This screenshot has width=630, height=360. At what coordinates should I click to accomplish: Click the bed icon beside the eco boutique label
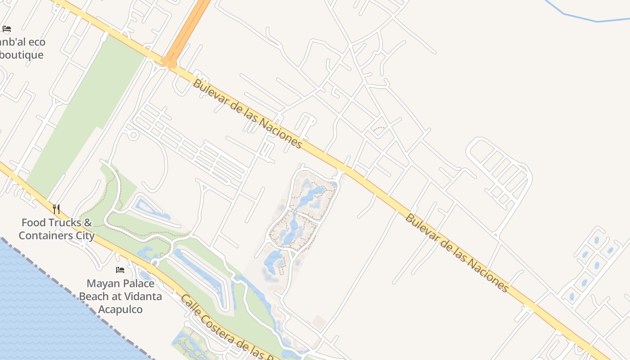[7, 29]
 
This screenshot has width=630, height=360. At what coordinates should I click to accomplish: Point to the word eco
[36, 42]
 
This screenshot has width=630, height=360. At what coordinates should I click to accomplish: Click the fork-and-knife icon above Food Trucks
[56, 209]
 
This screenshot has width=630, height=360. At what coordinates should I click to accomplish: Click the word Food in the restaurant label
[33, 222]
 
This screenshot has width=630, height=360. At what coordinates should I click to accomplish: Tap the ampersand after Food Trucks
[88, 222]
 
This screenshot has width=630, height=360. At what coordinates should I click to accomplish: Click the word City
[85, 235]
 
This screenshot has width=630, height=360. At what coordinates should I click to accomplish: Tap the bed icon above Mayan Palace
[120, 270]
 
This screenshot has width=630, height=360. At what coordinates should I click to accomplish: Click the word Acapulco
[120, 309]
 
